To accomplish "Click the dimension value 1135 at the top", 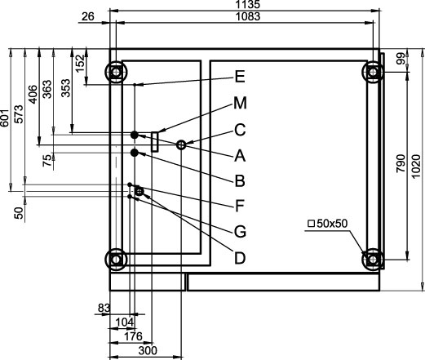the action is point(248,4).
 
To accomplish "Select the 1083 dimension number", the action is point(248,16).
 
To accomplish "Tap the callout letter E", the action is point(240,77).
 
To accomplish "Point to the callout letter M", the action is point(240,103).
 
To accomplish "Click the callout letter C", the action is point(240,130).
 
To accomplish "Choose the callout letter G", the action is point(240,232).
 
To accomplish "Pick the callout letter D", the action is point(240,258).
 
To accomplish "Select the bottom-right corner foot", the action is point(373,260).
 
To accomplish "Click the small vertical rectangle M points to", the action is point(155,142).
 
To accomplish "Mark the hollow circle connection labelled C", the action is point(181,144).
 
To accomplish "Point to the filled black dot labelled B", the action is point(135,153).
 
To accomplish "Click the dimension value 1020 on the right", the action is point(416,167).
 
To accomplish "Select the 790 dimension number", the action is point(401,163).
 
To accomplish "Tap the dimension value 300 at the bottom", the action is point(148,350).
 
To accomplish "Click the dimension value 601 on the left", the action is point(5,118).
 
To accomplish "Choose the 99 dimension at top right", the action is point(401,59).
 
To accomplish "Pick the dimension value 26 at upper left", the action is point(88,16).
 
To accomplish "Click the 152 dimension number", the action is point(80,64).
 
